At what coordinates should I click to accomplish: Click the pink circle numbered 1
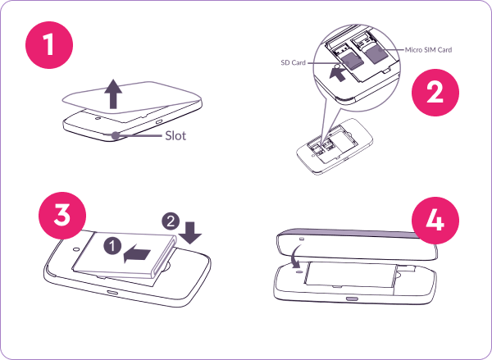point(49,45)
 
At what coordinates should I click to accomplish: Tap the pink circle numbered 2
point(435,93)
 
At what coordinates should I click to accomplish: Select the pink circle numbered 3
point(62,216)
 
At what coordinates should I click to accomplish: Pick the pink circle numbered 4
point(435,221)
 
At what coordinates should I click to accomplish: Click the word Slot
point(175,135)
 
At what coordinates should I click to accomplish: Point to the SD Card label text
point(293,63)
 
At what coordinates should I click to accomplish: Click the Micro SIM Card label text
point(428,49)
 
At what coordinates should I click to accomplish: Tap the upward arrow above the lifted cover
point(113,93)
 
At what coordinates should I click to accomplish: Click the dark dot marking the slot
point(116,135)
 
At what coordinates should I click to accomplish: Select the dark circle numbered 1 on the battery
point(112,246)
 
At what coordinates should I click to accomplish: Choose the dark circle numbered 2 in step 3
point(171,221)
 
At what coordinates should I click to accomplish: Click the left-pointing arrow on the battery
point(138,253)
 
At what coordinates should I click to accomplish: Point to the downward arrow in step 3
point(190,233)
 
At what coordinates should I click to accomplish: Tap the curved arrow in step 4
point(295,256)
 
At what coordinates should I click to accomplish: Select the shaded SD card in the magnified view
point(352,62)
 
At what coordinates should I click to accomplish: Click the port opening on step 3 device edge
point(112,293)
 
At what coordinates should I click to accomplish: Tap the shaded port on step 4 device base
point(352,298)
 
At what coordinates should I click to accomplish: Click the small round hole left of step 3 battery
point(76,249)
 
